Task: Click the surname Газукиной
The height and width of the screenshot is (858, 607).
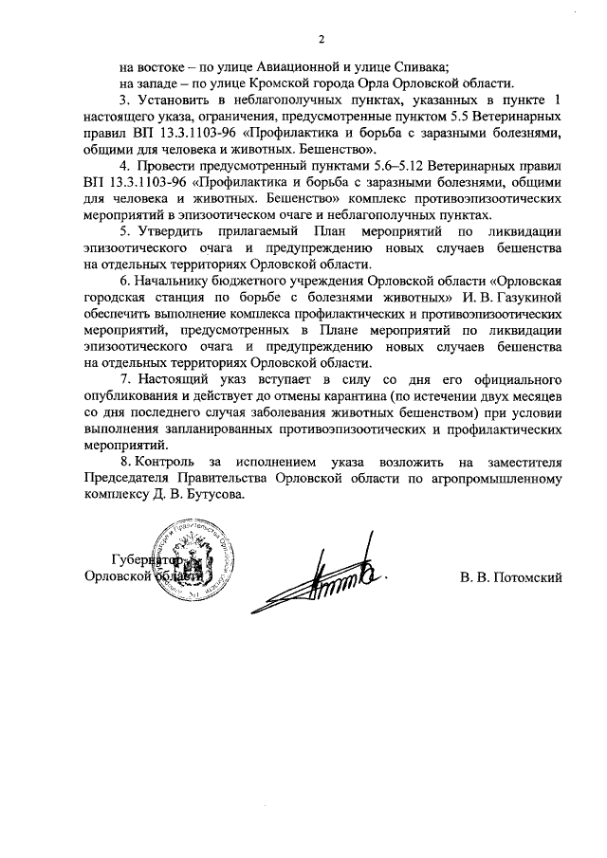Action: pos(514,299)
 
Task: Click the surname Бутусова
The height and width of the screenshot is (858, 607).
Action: pos(212,496)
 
